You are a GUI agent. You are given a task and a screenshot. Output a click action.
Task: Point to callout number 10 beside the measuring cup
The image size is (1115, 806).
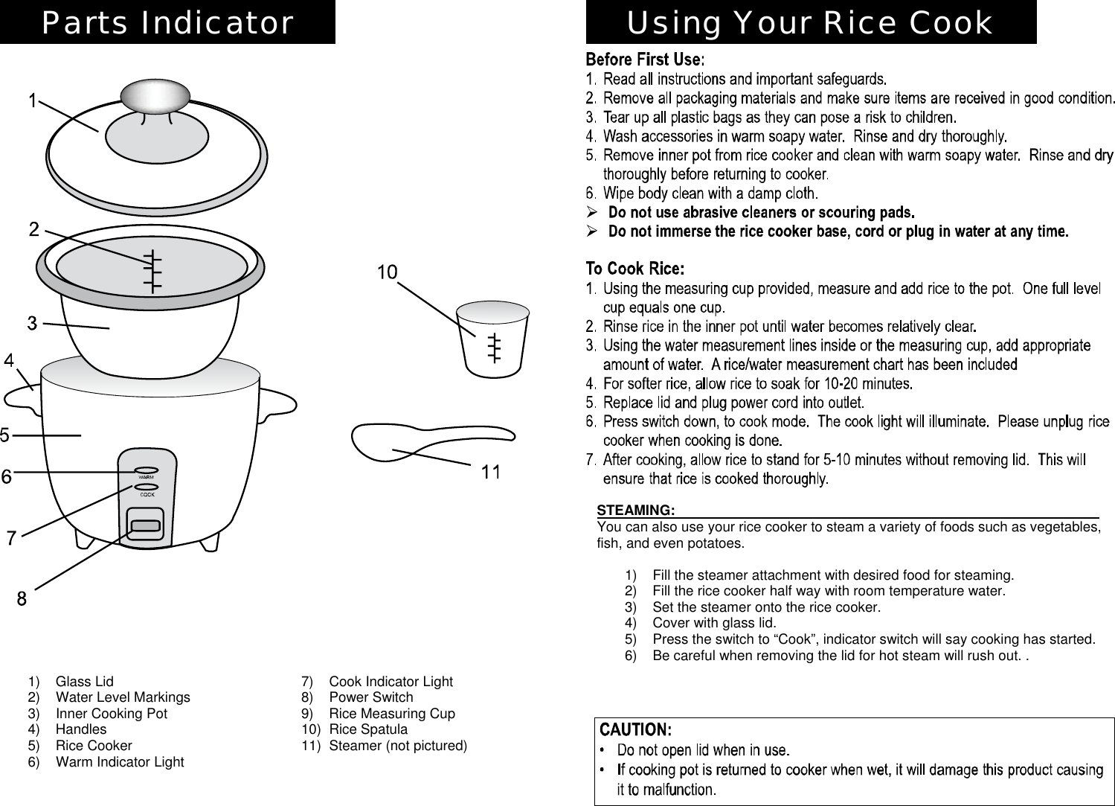click(x=387, y=272)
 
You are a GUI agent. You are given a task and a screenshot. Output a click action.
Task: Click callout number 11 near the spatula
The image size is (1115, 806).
click(x=491, y=472)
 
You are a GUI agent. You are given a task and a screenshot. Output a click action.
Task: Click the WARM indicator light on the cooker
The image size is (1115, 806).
click(x=146, y=470)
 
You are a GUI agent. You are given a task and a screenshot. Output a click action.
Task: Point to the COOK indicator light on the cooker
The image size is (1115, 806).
click(x=147, y=488)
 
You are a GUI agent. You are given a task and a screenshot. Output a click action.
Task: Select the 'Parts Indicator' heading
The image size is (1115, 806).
click(x=167, y=22)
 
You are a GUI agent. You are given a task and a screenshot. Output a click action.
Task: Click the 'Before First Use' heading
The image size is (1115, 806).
click(x=644, y=59)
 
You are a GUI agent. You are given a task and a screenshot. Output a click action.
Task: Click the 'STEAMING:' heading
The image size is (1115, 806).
click(x=636, y=510)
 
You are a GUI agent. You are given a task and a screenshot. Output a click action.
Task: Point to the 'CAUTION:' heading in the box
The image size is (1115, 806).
click(x=636, y=728)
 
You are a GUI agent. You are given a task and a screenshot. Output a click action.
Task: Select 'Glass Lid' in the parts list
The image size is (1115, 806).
click(x=84, y=681)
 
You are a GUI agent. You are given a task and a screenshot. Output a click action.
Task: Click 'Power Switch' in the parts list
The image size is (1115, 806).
click(x=370, y=697)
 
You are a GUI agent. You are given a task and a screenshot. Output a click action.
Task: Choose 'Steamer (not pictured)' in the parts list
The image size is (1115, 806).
click(x=398, y=746)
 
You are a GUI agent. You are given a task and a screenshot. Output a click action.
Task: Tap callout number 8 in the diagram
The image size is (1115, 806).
click(x=22, y=598)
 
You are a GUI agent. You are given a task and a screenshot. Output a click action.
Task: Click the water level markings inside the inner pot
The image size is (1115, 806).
click(x=152, y=269)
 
